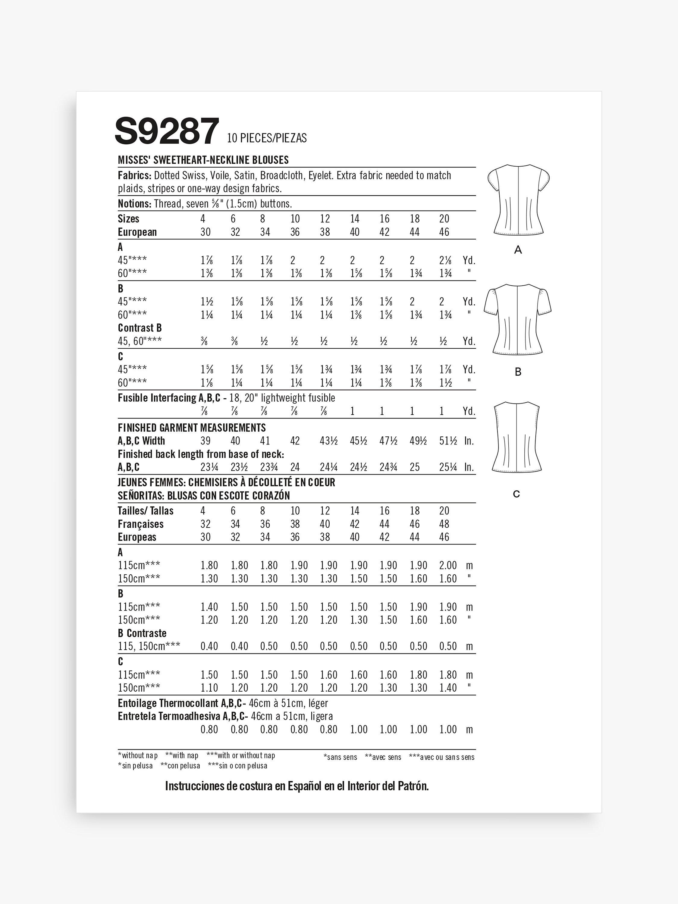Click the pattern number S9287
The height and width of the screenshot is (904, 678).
point(167,131)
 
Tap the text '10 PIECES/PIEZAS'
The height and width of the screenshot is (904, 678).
point(266,138)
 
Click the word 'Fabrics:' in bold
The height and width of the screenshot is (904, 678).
point(134,176)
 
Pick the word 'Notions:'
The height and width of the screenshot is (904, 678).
point(134,203)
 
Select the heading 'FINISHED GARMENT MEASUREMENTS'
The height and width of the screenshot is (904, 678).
point(192,428)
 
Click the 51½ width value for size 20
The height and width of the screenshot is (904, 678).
point(447,441)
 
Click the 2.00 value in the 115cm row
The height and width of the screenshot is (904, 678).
point(447,565)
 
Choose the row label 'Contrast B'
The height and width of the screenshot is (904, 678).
point(140,328)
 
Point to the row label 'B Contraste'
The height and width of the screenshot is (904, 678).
point(142,633)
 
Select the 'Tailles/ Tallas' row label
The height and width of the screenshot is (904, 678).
point(146,511)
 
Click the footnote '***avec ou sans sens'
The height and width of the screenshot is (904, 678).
point(441,757)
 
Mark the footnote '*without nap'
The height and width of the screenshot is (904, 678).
point(138,756)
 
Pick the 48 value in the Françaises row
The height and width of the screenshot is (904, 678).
point(444,524)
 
